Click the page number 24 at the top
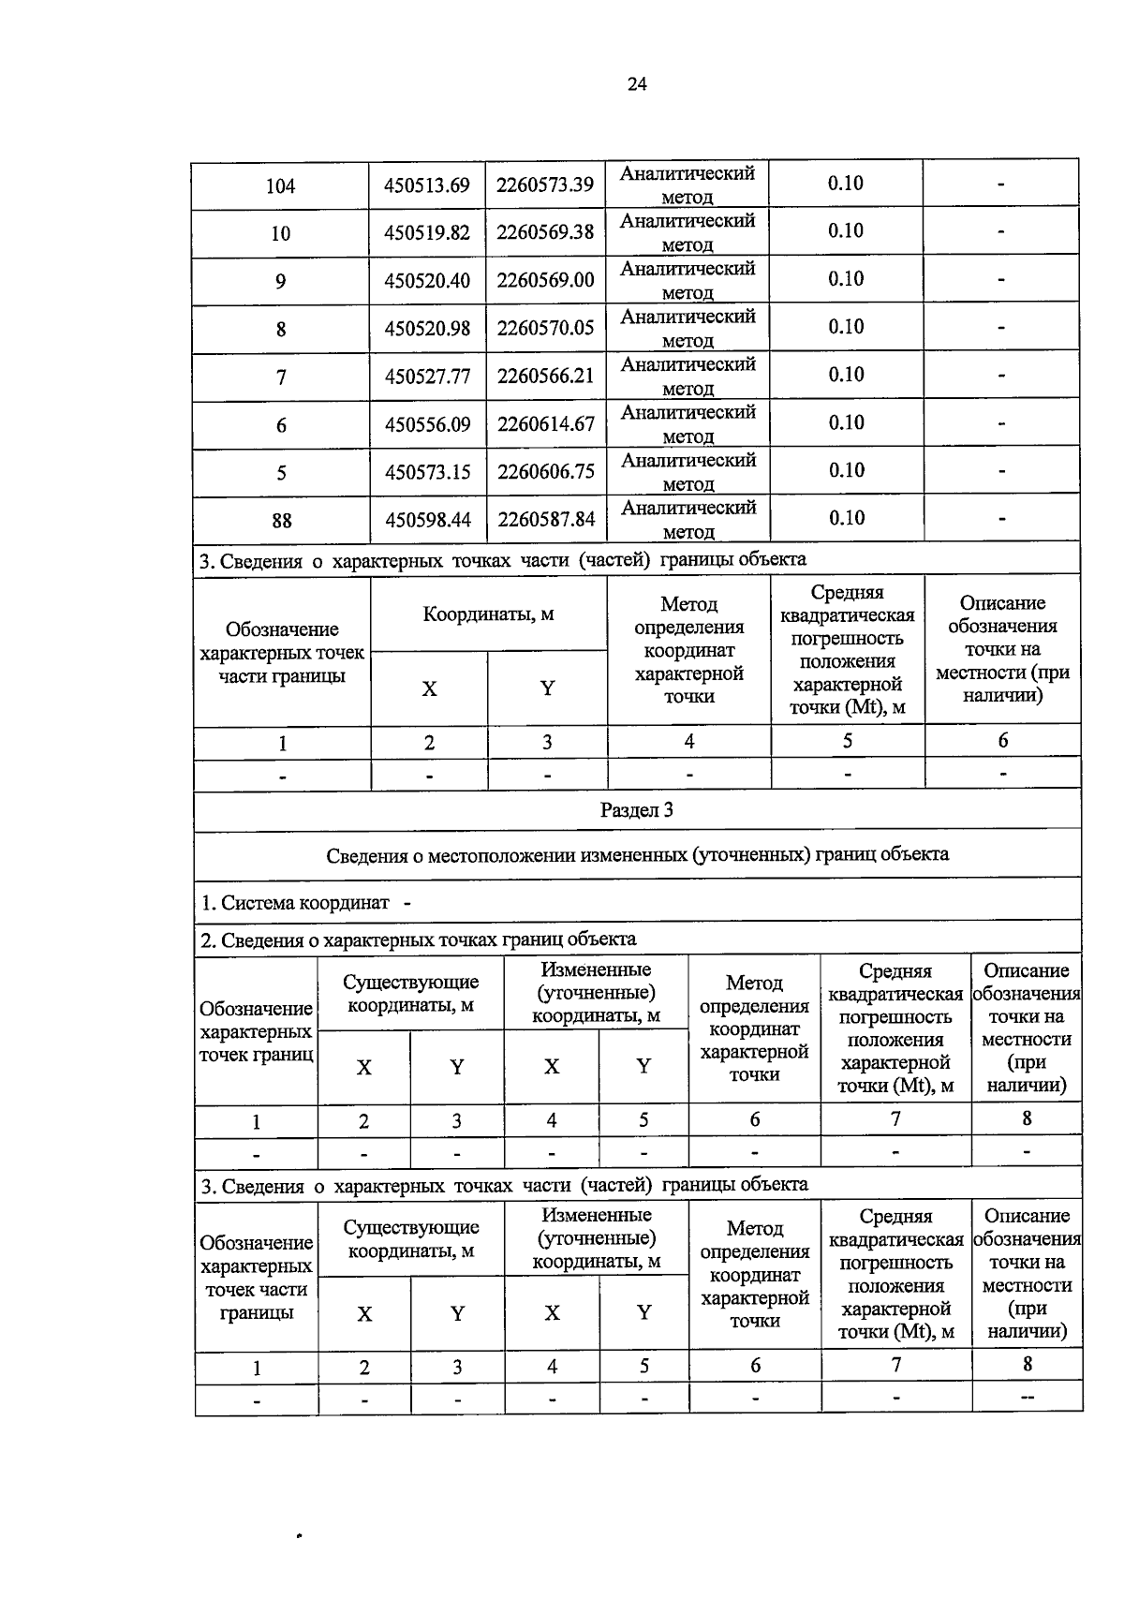coord(636,85)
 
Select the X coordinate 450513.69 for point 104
coord(426,185)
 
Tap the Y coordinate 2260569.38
coord(545,232)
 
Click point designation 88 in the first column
coord(281,521)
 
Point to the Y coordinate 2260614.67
coord(545,424)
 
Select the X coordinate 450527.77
coord(427,377)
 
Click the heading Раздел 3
coord(636,811)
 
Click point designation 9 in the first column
coord(281,281)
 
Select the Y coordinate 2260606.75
coord(545,472)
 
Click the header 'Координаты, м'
coord(488,615)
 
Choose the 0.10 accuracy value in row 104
coord(845,184)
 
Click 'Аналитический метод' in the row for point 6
coord(688,423)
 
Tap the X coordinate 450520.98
coord(427,329)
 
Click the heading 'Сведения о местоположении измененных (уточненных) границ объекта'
coord(637,855)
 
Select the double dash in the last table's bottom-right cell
coord(1027,1398)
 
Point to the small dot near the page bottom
coord(298,1536)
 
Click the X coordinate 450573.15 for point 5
coord(427,472)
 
